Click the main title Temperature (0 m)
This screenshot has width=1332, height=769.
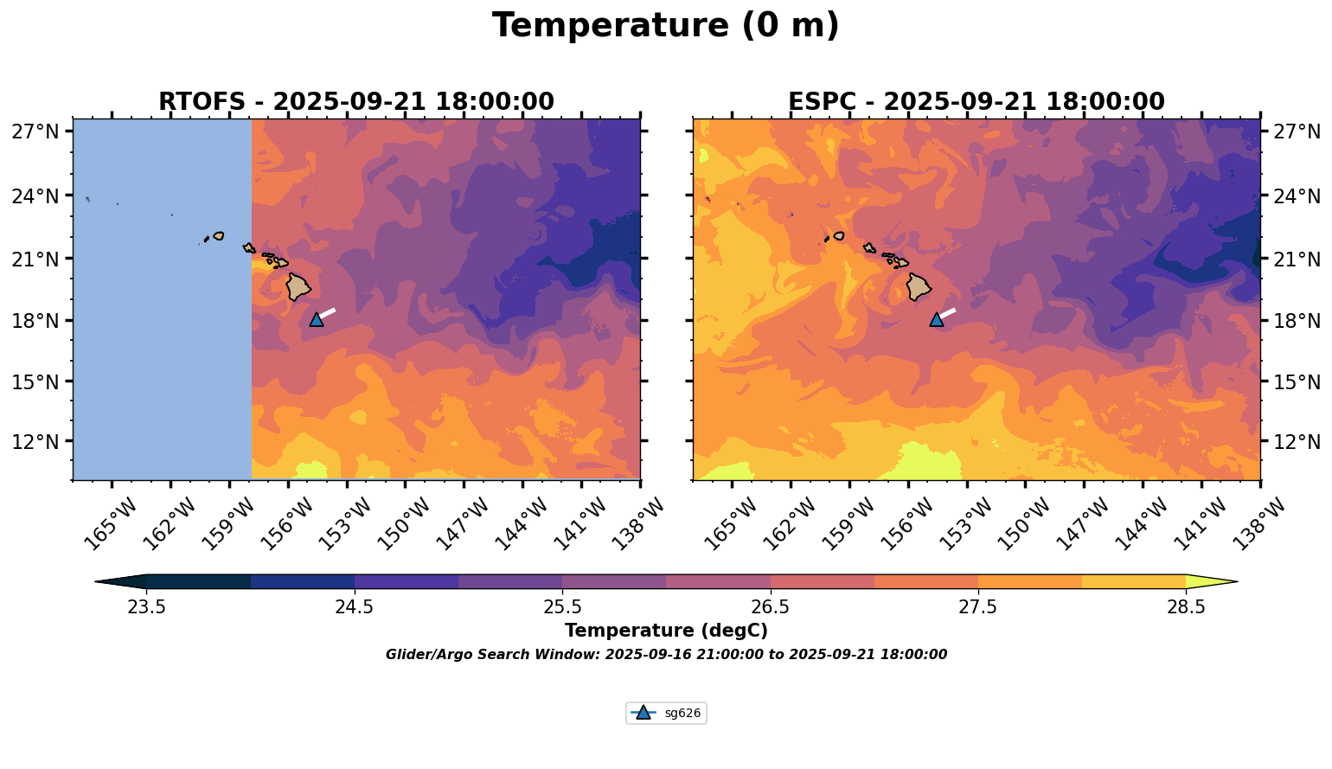point(665,26)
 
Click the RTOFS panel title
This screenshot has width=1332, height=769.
point(355,102)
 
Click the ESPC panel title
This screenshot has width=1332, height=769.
point(976,102)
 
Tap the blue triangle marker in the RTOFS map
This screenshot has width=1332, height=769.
point(317,319)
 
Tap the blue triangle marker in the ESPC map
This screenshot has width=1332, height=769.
point(937,319)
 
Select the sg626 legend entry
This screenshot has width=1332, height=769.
point(666,714)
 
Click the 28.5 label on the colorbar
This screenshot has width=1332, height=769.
point(1186,606)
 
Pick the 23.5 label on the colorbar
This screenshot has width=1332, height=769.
point(146,606)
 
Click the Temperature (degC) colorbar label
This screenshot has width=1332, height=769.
point(665,631)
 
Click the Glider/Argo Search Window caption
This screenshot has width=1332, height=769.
point(666,655)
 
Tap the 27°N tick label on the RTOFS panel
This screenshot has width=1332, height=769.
point(35,131)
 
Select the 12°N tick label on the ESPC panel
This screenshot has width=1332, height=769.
point(1298,442)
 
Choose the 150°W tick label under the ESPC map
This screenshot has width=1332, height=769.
point(1017,523)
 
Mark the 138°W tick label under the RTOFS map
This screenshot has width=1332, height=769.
point(632,523)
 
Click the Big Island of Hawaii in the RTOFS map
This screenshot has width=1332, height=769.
point(298,286)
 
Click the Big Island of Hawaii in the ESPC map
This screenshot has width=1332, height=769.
point(919,286)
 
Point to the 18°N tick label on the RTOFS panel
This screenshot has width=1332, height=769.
point(35,321)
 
